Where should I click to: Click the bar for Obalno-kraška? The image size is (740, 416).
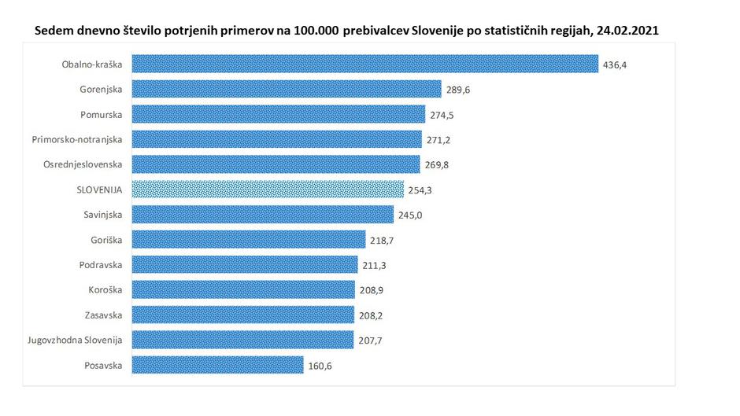tap(365, 64)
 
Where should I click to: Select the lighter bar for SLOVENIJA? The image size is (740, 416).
tap(268, 190)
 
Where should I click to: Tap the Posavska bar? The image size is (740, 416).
tap(217, 365)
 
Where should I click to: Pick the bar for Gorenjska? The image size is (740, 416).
tap(287, 89)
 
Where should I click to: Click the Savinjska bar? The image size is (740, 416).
tap(262, 215)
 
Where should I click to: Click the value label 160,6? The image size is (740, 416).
tap(319, 366)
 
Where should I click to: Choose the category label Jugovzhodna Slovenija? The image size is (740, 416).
tap(77, 340)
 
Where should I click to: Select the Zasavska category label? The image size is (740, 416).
tap(104, 315)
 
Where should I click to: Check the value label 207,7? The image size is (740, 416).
tap(368, 341)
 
